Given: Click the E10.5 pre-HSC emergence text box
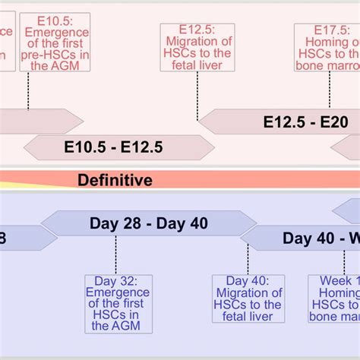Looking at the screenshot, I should tap(55, 42).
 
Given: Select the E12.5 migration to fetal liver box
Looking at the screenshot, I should tap(196, 47).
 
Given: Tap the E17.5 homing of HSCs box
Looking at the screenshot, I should tap(328, 47).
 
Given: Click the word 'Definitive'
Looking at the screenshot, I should tap(115, 180).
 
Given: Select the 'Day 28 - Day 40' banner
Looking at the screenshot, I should tap(148, 223).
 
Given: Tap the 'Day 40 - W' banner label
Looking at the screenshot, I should tap(319, 238).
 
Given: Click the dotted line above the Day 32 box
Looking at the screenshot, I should tap(115, 255).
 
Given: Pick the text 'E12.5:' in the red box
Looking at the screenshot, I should tap(196, 30).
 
